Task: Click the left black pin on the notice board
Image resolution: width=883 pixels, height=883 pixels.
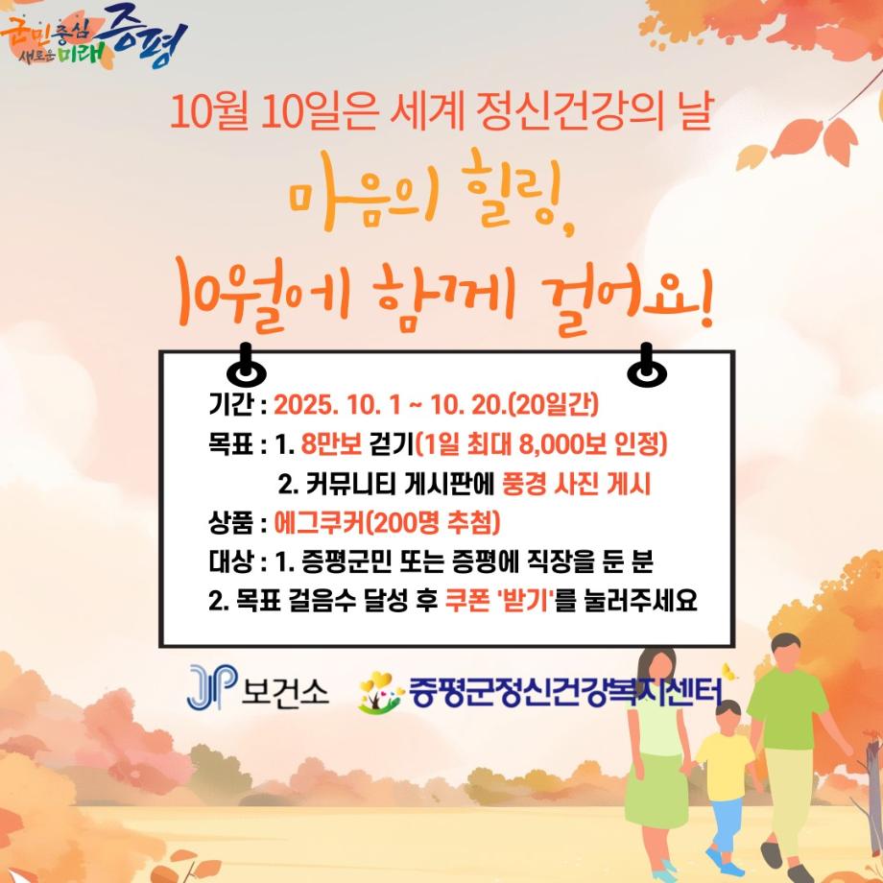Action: click(x=244, y=366)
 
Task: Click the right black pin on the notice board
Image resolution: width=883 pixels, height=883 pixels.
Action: click(x=646, y=366)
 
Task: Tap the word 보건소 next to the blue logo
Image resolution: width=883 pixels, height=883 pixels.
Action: click(x=286, y=689)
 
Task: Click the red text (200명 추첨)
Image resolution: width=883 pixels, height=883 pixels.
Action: click(x=434, y=523)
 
